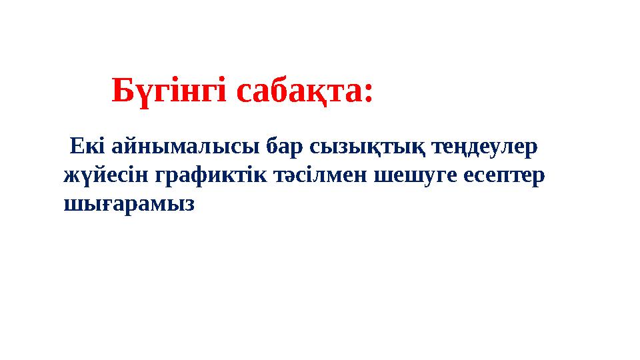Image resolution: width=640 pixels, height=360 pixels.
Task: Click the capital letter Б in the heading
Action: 121,91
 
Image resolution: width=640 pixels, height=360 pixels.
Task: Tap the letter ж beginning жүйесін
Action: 70,175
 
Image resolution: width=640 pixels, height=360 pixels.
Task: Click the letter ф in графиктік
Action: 199,176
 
